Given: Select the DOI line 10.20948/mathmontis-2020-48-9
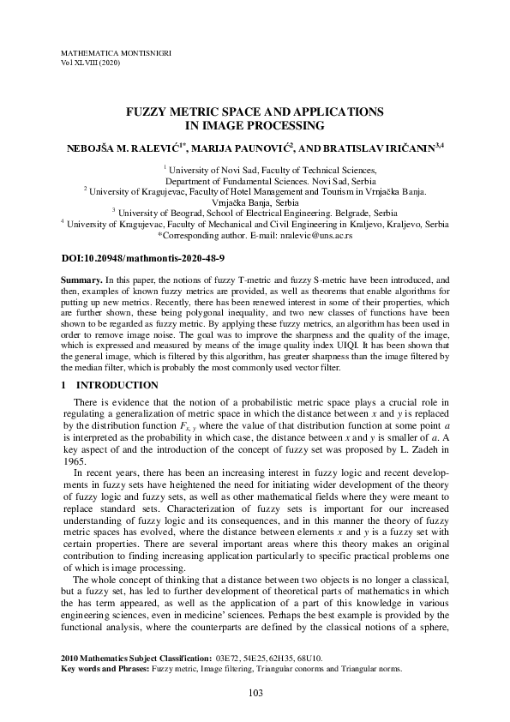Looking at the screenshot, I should click(144, 257).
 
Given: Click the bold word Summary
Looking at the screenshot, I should click(81, 280).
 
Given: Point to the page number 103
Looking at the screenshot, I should click(255, 693).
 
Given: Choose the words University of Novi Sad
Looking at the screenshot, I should click(208, 171).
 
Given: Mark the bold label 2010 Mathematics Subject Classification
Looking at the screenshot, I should click(135, 658).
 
